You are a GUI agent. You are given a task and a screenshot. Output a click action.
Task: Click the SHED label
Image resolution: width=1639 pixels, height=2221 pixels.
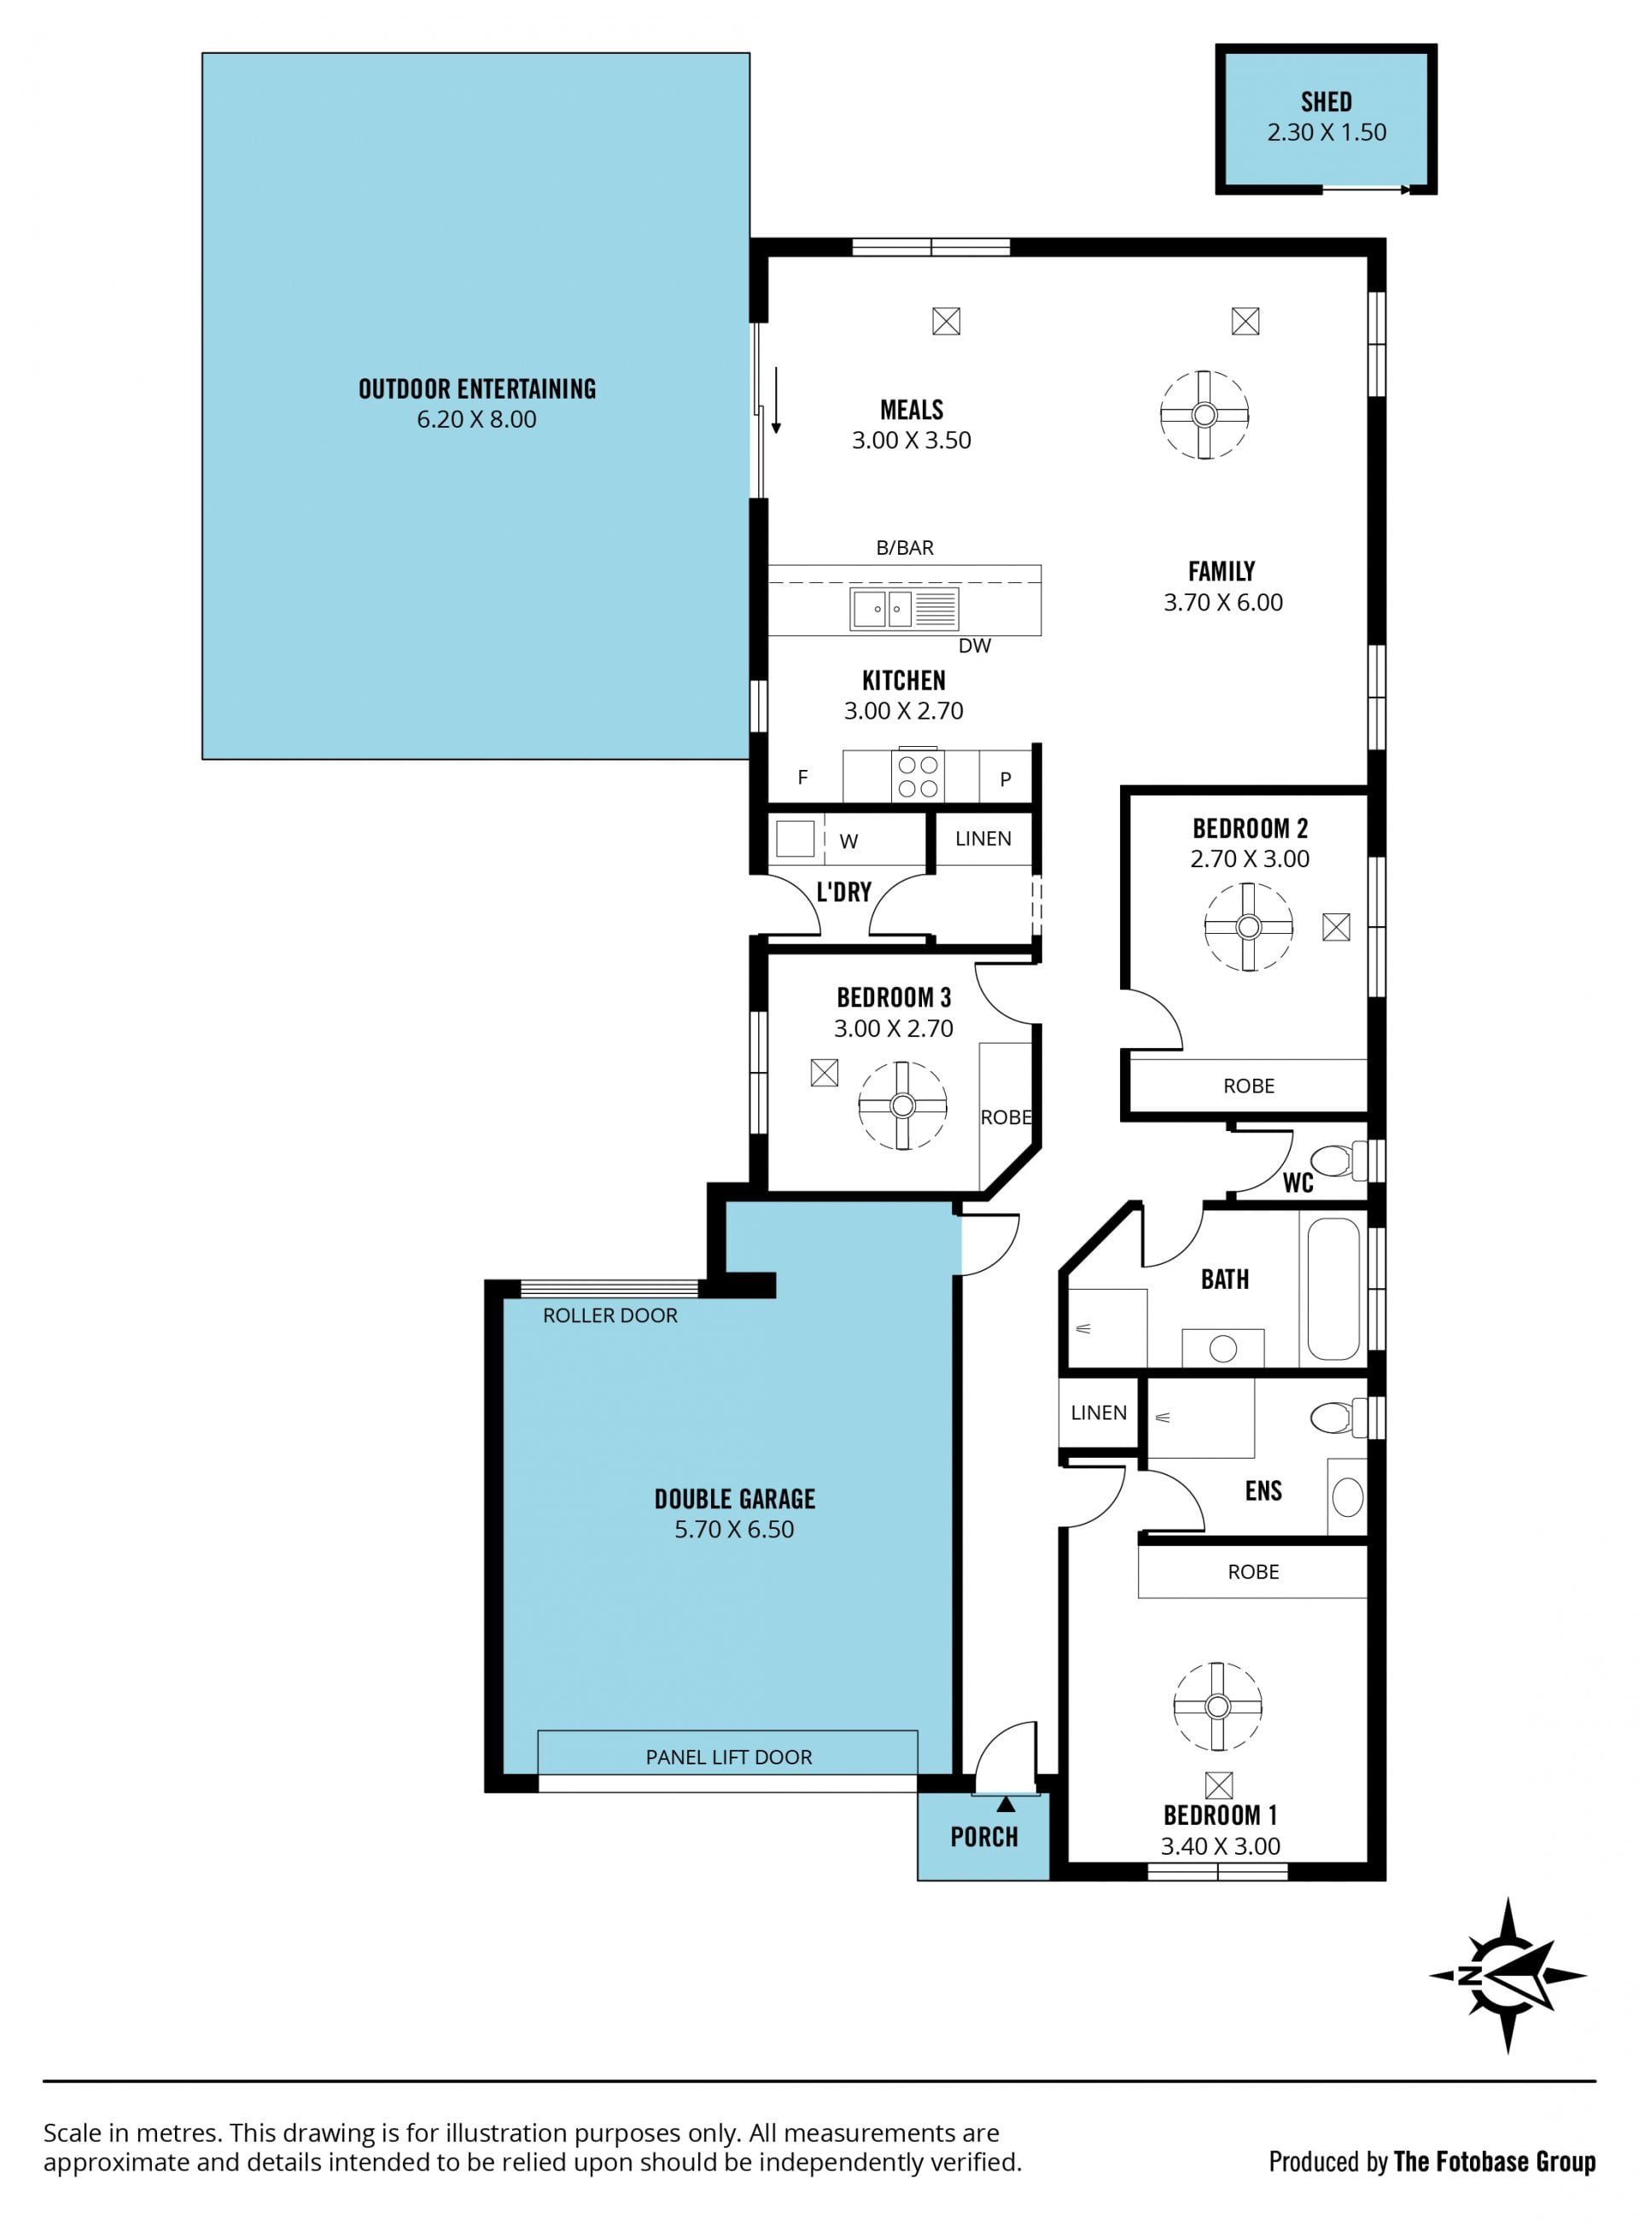(1326, 102)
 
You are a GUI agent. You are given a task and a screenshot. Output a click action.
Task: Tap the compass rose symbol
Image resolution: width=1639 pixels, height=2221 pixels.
(1507, 1975)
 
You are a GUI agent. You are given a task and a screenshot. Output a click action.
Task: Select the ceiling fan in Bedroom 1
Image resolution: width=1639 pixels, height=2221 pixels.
(1217, 1706)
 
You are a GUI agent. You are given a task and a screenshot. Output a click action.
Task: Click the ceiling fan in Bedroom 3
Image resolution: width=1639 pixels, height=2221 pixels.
(901, 1105)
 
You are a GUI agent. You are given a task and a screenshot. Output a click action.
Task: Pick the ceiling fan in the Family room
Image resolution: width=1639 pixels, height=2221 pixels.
(1204, 415)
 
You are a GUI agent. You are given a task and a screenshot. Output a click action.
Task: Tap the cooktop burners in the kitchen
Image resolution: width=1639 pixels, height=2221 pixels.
(918, 777)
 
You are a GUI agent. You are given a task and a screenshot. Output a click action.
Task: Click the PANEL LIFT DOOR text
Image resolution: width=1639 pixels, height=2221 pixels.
(729, 1757)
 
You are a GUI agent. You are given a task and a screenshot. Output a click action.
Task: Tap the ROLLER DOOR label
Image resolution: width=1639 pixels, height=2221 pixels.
(610, 1315)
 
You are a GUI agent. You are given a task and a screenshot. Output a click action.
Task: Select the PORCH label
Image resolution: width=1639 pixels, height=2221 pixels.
(984, 1837)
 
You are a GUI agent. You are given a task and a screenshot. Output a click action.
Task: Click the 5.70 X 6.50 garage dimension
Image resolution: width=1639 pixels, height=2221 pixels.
(734, 1529)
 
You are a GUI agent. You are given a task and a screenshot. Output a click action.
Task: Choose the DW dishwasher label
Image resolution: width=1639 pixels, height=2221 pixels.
(975, 646)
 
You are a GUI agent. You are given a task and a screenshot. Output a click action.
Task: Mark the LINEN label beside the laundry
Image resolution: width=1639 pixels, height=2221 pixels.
(983, 838)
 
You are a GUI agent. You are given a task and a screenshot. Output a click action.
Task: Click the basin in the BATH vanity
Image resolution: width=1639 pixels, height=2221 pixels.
(1223, 1348)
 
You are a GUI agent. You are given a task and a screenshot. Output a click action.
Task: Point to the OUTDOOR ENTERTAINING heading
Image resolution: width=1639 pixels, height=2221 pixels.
(477, 389)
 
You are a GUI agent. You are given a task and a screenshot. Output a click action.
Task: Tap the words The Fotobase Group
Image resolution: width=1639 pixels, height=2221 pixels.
(1494, 2160)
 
